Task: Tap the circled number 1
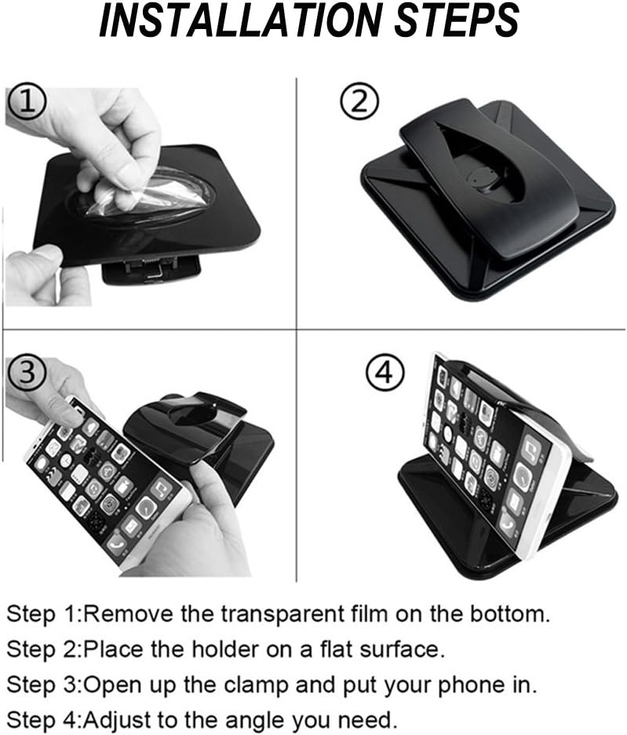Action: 27,103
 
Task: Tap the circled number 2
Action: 359,102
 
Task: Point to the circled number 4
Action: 385,373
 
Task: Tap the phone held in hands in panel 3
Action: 108,483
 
